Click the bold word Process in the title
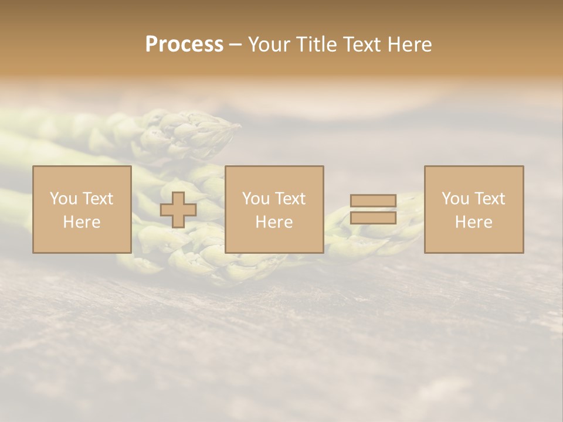point(184,45)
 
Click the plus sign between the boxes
point(178,210)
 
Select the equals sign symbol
point(373,209)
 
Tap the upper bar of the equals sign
point(373,201)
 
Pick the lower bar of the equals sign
point(373,218)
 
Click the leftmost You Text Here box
point(82,209)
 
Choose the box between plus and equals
point(274,209)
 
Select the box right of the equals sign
point(474,209)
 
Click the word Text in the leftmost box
point(97,199)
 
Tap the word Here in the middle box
point(274,222)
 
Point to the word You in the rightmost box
point(456,199)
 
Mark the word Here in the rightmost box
point(474,222)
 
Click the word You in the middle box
point(256,199)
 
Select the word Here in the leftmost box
point(82,222)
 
